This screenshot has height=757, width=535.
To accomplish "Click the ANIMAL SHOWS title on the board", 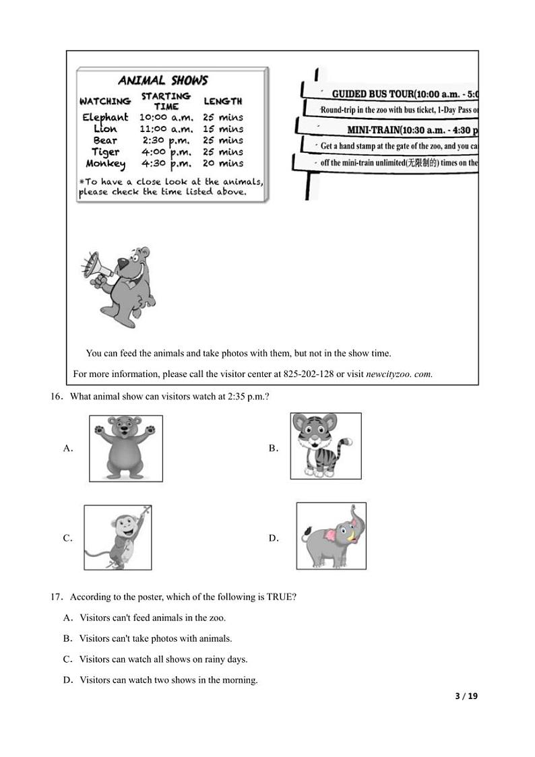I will coord(163,81).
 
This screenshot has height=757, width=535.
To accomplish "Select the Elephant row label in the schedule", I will coord(105,117).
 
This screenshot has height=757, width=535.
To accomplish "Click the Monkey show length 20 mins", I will coord(223,163).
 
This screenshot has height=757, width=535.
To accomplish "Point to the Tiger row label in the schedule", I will coord(105,152).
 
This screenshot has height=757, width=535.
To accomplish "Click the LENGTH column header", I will coord(222,101).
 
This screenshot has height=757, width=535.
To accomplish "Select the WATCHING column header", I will coord(105,101).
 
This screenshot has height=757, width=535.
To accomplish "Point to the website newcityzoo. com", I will coord(399,374).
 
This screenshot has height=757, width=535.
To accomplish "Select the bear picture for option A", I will coord(126,448).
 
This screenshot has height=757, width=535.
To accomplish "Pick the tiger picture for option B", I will coord(325,446).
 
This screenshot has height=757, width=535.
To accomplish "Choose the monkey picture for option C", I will coord(117,537).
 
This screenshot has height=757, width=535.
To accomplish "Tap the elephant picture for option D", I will coord(331,535).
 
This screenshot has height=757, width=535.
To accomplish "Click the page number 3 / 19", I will coord(466,696).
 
